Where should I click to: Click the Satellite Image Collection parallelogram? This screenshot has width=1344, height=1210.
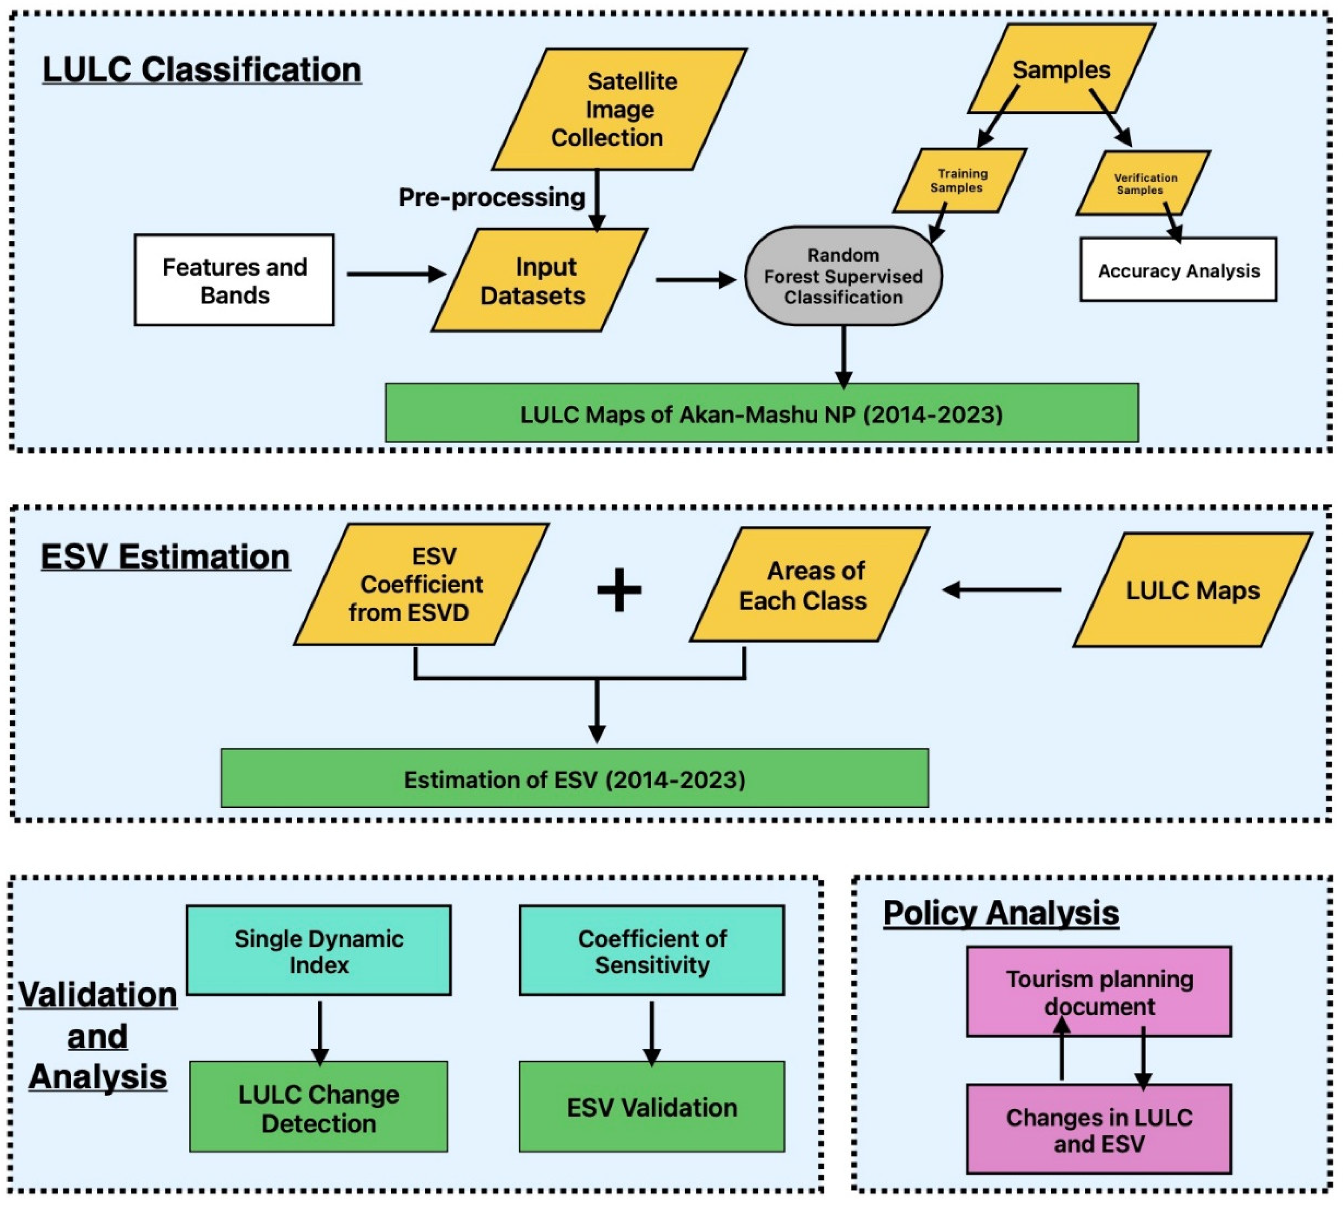tap(618, 109)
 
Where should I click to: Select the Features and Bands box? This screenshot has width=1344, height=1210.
tap(234, 280)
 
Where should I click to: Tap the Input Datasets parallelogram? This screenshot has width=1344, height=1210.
tap(538, 280)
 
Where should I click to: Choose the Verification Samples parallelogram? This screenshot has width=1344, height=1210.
tap(1142, 183)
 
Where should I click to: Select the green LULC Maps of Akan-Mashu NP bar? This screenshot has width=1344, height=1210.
tap(761, 413)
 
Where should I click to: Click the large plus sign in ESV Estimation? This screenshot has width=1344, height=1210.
tap(618, 589)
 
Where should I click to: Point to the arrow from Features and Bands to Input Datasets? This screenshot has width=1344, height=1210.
tap(396, 274)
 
